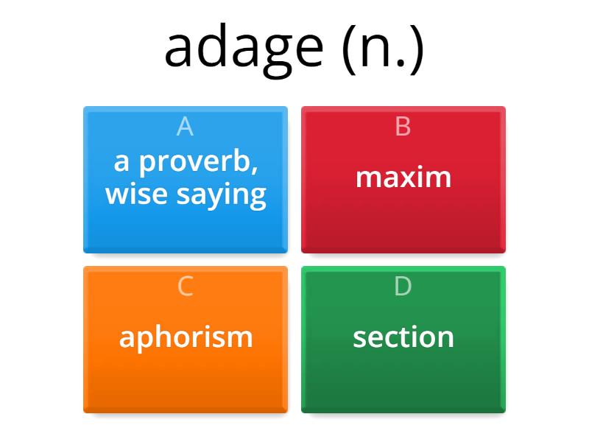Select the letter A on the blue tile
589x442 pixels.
185,127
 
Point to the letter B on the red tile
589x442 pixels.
403,127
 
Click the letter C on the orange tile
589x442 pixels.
185,286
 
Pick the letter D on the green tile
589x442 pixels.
403,286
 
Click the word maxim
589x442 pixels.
403,178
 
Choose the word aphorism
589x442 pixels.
186,337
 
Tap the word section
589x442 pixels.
403,337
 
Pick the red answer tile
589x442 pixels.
403,221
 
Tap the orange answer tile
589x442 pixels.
185,379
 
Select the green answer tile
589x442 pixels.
403,379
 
